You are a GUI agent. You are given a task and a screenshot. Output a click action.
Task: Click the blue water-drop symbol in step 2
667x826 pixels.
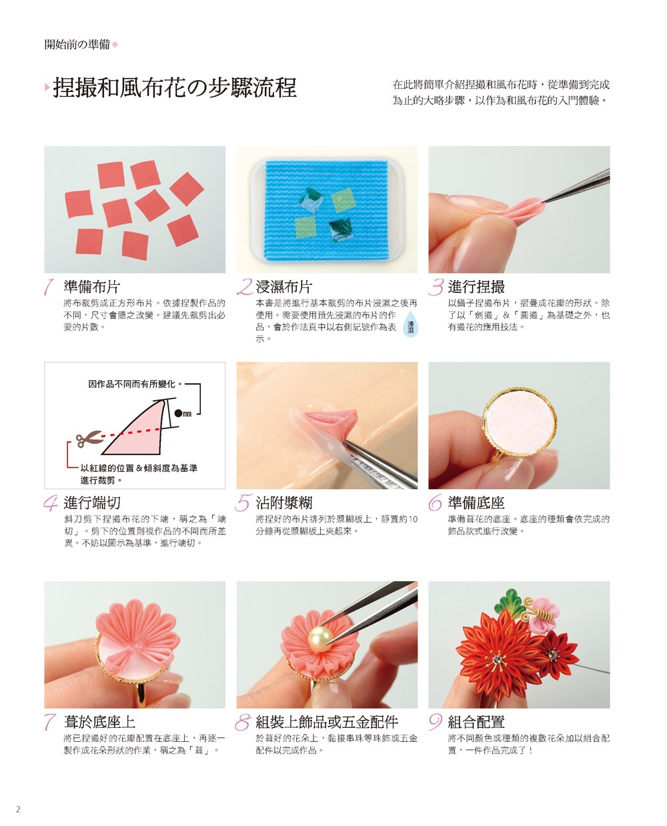point(410,326)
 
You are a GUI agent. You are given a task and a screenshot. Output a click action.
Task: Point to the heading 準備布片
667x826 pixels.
point(92,287)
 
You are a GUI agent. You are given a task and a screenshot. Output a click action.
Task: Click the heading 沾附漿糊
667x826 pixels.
point(284,503)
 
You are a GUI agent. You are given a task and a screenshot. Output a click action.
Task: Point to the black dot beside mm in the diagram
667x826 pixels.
point(178,414)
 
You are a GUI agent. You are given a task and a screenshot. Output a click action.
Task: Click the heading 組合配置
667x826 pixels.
point(476,722)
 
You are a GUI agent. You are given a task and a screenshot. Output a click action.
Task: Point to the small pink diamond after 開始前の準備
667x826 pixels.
point(115,45)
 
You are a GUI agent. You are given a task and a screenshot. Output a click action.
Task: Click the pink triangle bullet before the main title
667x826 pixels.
point(47,87)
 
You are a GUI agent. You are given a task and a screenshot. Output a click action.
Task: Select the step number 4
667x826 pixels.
point(51,503)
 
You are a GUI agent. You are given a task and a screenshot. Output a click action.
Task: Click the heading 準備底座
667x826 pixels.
point(476,503)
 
